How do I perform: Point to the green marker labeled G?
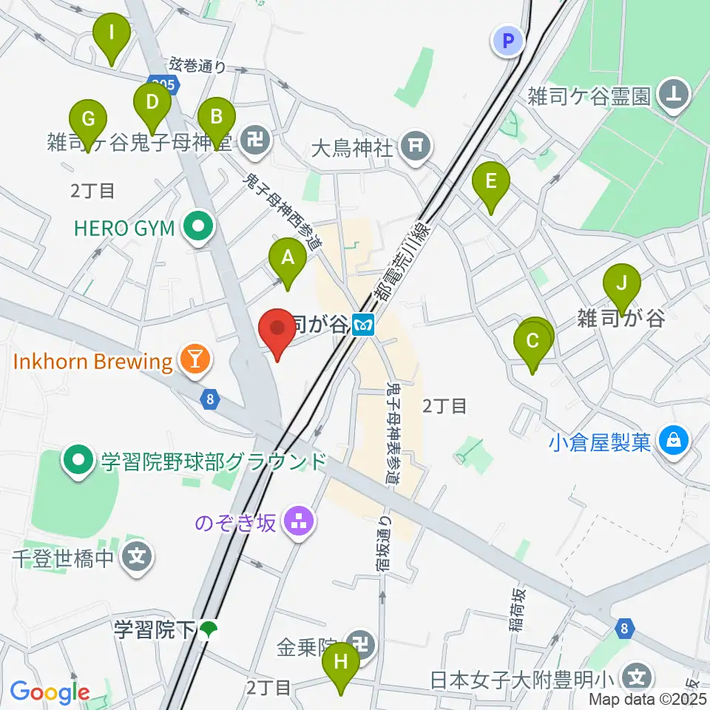[88, 121]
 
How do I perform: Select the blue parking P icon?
[508, 42]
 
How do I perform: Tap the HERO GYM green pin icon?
[197, 229]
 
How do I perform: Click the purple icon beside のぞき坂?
[300, 522]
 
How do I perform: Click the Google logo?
[50, 692]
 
